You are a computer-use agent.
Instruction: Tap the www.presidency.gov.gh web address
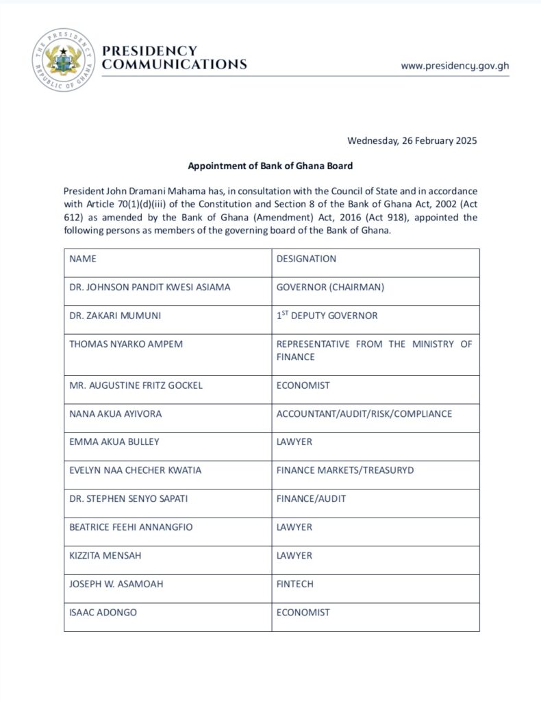click(x=455, y=66)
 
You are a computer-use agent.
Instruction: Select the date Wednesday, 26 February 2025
click(x=412, y=141)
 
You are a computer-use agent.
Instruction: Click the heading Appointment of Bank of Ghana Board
click(x=270, y=166)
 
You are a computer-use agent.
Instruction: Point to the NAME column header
click(x=83, y=259)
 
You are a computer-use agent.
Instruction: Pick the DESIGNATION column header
click(x=306, y=259)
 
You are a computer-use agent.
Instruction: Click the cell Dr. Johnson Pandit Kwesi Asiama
click(x=150, y=288)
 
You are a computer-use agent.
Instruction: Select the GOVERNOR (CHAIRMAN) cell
click(x=330, y=288)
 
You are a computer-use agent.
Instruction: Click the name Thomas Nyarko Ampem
click(x=126, y=344)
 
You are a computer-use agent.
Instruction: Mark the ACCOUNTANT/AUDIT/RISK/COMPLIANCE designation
click(x=364, y=413)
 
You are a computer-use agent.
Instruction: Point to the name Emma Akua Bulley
click(x=114, y=442)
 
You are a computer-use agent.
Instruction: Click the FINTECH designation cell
click(x=296, y=584)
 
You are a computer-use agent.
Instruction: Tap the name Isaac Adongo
click(x=103, y=612)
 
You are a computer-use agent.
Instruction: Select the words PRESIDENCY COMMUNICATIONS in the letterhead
click(x=173, y=58)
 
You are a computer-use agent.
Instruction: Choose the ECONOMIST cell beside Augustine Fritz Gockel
click(x=303, y=385)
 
